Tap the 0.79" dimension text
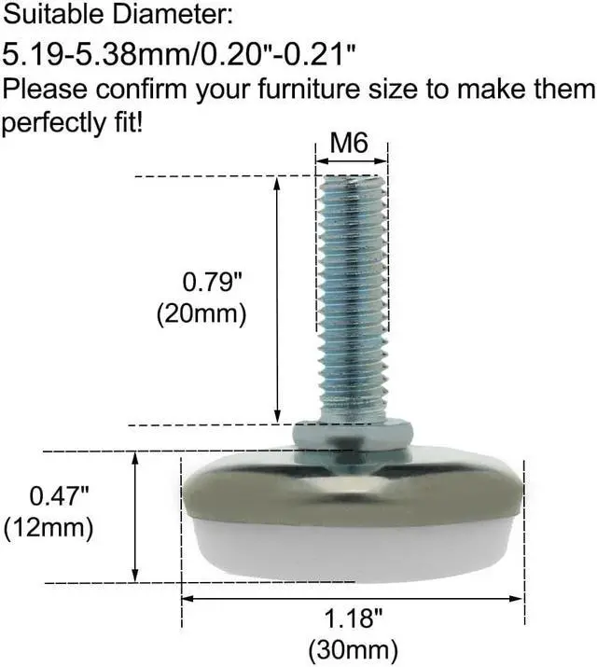[x=213, y=281]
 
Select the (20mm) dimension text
[x=201, y=313]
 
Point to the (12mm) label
[x=49, y=527]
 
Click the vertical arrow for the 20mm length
[x=278, y=299]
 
